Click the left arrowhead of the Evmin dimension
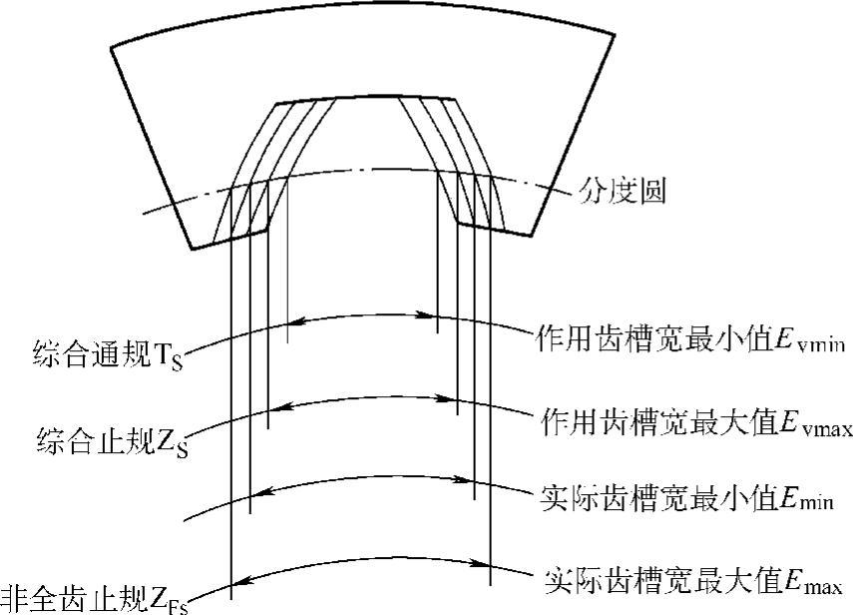coord(291,321)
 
